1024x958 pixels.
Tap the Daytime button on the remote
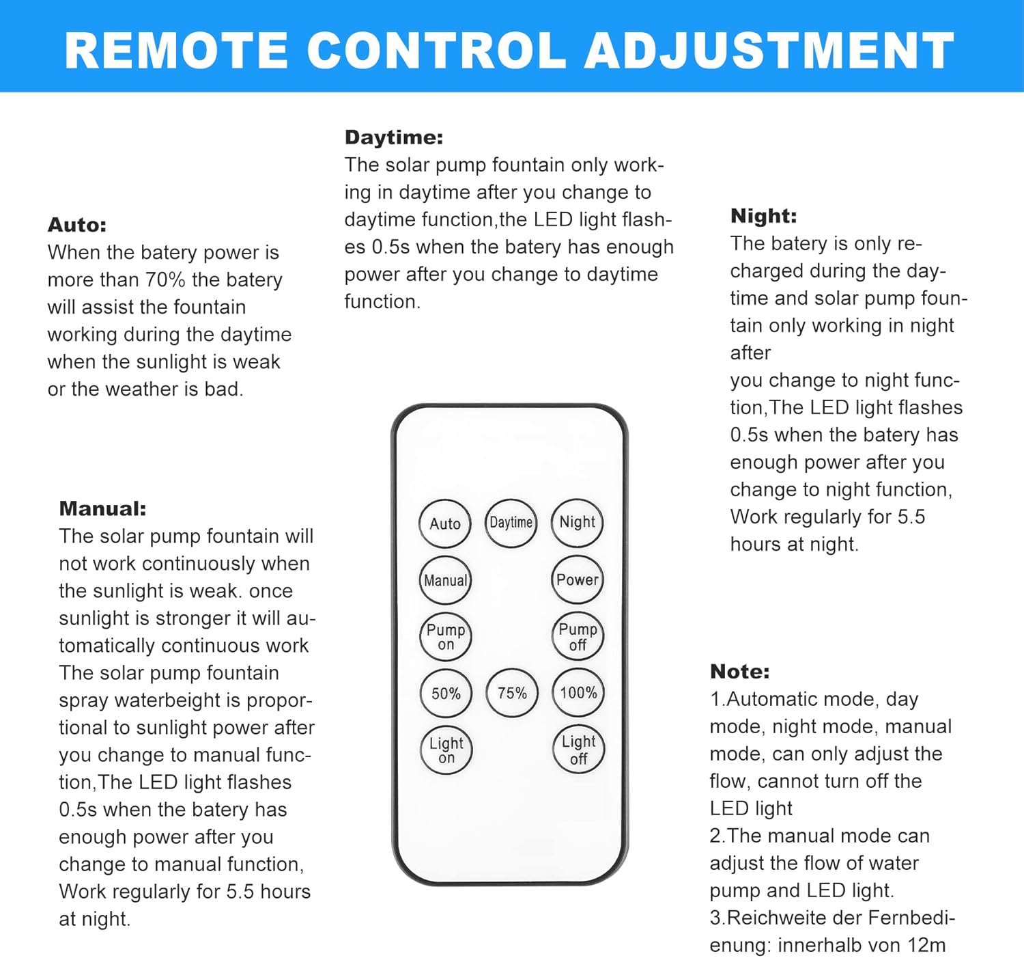coord(511,523)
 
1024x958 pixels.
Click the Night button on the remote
coord(578,523)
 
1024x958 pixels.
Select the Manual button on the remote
coord(445,580)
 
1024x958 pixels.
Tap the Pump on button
coord(445,637)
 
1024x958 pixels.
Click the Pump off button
coord(578,636)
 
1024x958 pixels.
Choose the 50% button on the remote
coord(446,694)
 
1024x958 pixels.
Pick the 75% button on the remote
coord(512,693)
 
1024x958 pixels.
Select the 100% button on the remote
coord(578,693)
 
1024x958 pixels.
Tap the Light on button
coord(446,750)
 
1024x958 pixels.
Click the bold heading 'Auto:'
coord(77,225)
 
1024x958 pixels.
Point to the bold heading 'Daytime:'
coord(394,137)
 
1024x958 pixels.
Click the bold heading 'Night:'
coord(763,216)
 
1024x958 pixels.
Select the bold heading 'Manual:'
coord(102,508)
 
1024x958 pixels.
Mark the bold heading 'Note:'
coord(739,671)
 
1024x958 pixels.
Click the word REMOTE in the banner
coord(177,51)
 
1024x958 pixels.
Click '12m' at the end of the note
coord(926,945)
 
